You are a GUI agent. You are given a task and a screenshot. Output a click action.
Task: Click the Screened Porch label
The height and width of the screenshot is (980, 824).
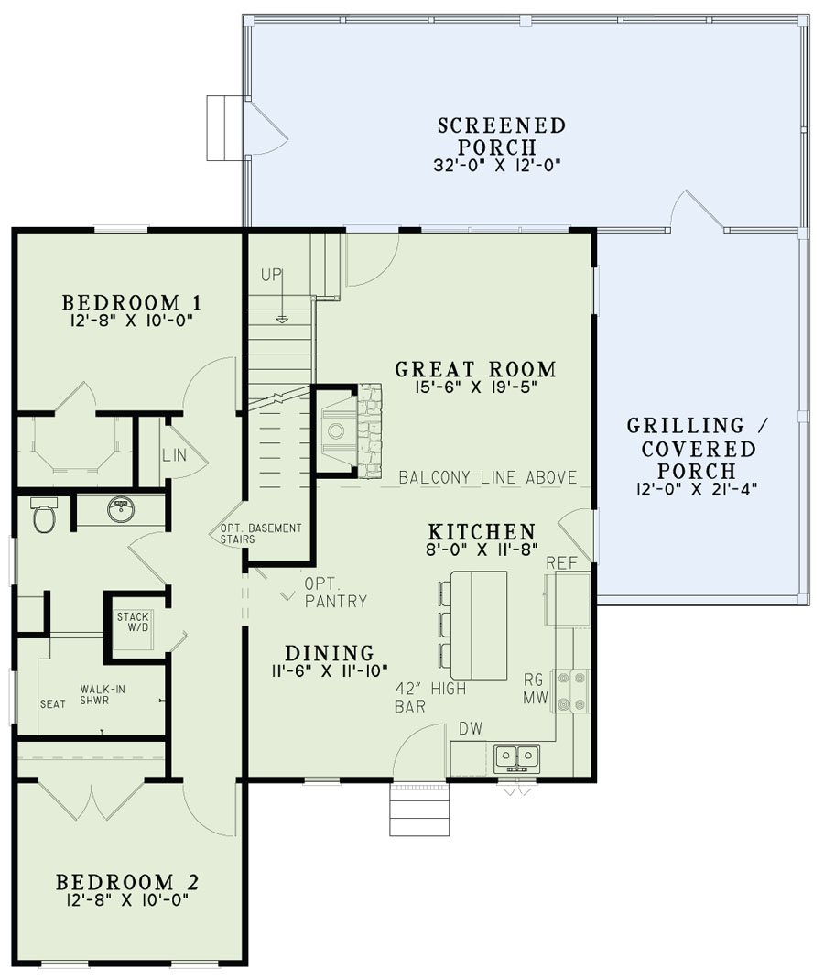coord(500,136)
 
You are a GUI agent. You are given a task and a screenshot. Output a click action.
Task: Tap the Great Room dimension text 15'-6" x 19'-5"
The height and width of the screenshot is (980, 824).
coord(475,387)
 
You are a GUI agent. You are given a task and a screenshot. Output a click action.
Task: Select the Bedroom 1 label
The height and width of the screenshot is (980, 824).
coord(132,302)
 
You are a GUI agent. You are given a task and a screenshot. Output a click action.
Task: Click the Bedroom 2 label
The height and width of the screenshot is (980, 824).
coord(127,882)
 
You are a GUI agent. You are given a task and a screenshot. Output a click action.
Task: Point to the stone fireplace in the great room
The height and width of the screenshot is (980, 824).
coord(368,430)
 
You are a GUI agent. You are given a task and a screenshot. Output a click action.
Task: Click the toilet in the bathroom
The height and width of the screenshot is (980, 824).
coord(43,518)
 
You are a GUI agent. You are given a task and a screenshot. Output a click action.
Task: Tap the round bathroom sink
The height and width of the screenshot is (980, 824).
coord(121,510)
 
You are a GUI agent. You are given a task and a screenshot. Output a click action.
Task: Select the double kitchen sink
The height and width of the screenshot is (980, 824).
coord(516,757)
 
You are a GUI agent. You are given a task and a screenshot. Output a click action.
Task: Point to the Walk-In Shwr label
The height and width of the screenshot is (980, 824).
coord(103,695)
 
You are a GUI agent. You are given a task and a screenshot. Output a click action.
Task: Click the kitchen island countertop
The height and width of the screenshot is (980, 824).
coord(479,625)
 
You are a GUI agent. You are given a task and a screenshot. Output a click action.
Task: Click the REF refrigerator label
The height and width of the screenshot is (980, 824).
coord(560,562)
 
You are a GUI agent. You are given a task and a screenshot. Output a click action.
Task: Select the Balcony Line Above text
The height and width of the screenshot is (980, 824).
coord(488,477)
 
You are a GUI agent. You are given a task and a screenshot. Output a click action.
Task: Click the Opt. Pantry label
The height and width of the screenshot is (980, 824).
coord(336,593)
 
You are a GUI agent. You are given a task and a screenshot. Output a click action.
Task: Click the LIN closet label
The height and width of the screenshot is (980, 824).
coord(174,455)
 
